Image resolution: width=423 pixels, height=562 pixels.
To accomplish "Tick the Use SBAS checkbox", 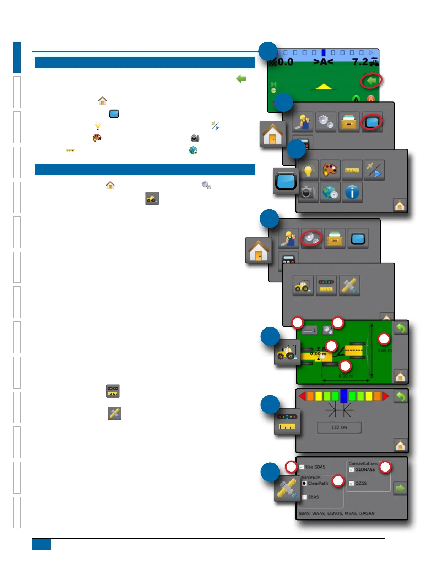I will coord(302,467).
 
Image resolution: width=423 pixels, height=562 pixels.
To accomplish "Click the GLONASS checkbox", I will coord(352,470).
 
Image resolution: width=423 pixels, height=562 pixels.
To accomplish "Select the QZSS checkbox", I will coord(352,483).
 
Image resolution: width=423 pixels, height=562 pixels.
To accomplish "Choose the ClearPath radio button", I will coord(304,483).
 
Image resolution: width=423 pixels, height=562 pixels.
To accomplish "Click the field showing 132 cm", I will coord(339,428).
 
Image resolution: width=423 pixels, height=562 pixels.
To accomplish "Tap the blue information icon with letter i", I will coord(352,193).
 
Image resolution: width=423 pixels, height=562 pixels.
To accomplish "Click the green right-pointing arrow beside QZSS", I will coord(400,489).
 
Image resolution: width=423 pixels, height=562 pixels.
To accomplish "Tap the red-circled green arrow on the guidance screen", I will coord(371,81).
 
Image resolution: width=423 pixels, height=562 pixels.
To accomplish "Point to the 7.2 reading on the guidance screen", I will coord(360,62).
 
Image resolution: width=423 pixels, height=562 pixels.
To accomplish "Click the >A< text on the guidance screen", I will coord(323,62).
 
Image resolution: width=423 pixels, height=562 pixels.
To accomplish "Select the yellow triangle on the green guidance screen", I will coord(324,87).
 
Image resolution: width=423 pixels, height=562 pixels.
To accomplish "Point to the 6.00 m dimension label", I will coord(346,376).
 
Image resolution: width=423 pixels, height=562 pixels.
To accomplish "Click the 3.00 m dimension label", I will coord(384,350).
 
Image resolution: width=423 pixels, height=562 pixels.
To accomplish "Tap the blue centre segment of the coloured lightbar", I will coord(343,396).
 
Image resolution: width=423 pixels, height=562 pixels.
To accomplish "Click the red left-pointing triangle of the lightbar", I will coord(302,396).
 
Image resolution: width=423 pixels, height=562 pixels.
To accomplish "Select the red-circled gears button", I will coord(311,238).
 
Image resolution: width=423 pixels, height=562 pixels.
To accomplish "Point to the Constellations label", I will coord(363,464).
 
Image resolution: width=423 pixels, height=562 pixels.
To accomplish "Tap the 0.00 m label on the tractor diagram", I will coord(318,354).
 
